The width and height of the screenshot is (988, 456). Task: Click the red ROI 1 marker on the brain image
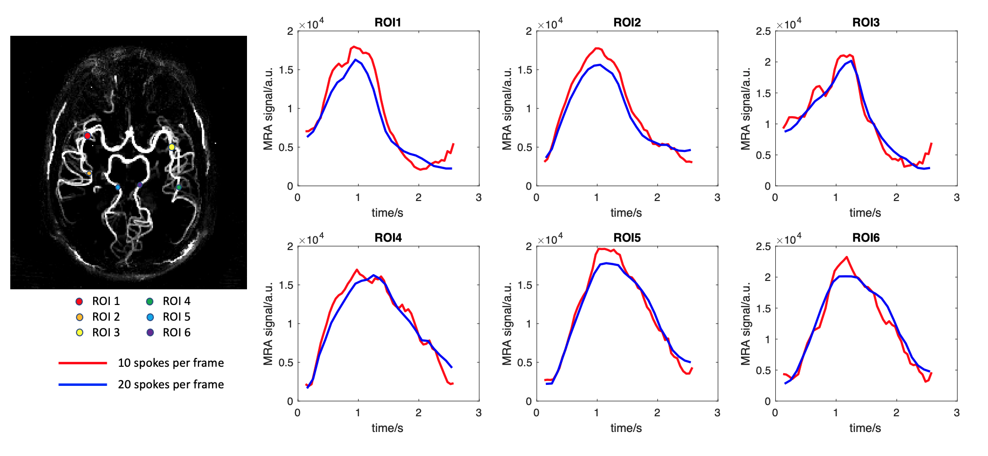87,136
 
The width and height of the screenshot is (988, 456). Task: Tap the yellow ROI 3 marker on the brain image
172,147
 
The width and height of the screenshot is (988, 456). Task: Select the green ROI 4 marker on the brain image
179,187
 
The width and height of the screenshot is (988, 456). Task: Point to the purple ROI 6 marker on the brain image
140,185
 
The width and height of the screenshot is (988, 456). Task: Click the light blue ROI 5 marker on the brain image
118,187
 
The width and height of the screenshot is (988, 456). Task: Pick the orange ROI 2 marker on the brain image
89,174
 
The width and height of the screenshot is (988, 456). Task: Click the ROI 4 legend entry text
176,301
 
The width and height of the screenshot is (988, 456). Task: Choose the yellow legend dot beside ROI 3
80,332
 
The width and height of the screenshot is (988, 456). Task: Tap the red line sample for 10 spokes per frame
83,363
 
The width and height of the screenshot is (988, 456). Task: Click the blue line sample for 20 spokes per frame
83,384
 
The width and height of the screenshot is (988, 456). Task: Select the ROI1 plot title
388,23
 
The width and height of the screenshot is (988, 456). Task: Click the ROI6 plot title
866,238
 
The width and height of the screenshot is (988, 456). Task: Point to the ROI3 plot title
866,23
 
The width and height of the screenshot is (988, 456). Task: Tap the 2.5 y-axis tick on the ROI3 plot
764,31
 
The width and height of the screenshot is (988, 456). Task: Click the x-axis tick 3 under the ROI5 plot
717,413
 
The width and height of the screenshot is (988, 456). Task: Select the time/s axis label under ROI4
387,428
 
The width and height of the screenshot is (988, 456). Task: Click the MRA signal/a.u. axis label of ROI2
507,108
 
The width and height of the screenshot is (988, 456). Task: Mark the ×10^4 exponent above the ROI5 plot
550,240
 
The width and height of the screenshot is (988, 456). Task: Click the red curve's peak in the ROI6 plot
846,257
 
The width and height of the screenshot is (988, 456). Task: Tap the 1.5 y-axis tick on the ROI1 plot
286,70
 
